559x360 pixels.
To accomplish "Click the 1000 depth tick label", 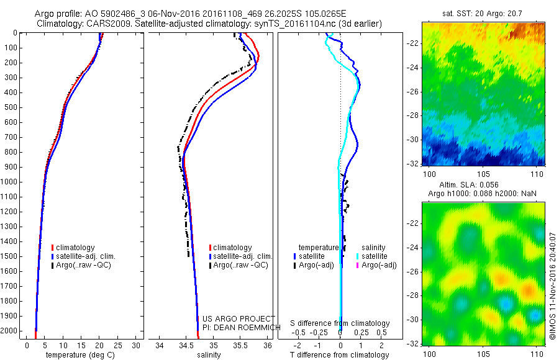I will click(11, 182).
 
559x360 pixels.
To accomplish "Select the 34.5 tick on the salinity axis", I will click(186, 345).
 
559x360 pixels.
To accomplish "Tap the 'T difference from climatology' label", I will click(340, 355).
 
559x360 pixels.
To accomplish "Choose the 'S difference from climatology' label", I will click(340, 323).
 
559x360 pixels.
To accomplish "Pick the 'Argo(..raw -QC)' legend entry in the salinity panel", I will click(240, 265).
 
